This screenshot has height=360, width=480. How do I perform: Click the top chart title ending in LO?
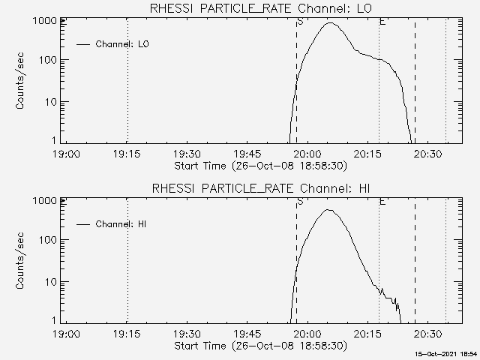(260, 8)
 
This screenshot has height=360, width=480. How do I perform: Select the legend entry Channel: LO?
(122, 44)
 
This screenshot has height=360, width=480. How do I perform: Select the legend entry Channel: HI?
(122, 223)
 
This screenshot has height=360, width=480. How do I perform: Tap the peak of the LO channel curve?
(331, 23)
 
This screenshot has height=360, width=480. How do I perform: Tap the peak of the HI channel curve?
(328, 210)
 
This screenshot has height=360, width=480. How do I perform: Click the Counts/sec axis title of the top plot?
(21, 82)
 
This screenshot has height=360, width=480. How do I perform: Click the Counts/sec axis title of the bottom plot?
(21, 261)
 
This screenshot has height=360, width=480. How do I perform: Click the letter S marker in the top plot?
(300, 22)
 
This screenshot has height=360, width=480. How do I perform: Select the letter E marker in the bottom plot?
(382, 201)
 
